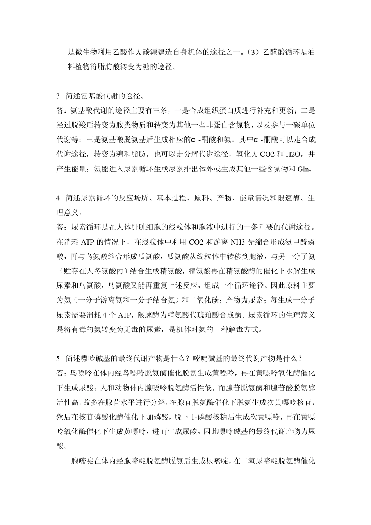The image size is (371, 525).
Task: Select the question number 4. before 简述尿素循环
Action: tap(59, 198)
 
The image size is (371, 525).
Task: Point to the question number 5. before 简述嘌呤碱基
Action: tap(59, 358)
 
